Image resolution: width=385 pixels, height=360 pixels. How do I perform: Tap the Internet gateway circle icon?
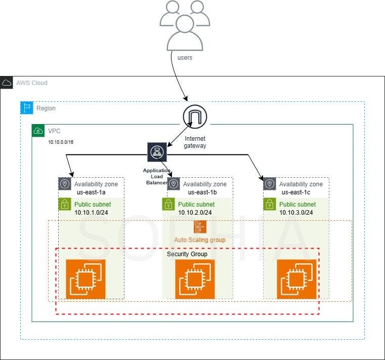(195, 117)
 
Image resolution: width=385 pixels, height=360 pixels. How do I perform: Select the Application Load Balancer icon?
(157, 152)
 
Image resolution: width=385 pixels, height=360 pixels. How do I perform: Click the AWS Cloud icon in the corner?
(7, 83)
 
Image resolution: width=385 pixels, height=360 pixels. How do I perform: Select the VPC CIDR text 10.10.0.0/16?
(61, 142)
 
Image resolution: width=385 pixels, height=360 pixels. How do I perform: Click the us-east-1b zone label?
(202, 192)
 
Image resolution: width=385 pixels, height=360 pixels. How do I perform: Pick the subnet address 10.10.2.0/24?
(196, 212)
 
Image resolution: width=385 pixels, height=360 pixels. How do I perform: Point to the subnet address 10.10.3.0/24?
(296, 212)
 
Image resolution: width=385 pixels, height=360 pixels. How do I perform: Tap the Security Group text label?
(187, 254)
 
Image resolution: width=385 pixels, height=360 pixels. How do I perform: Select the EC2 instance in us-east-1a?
(85, 279)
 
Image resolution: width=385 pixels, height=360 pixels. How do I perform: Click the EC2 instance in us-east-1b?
(195, 279)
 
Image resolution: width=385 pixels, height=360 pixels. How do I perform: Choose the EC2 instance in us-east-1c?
(296, 279)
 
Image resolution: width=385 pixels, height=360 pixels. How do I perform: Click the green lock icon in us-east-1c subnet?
(270, 204)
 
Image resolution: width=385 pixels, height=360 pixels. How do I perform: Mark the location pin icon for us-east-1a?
(65, 184)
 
